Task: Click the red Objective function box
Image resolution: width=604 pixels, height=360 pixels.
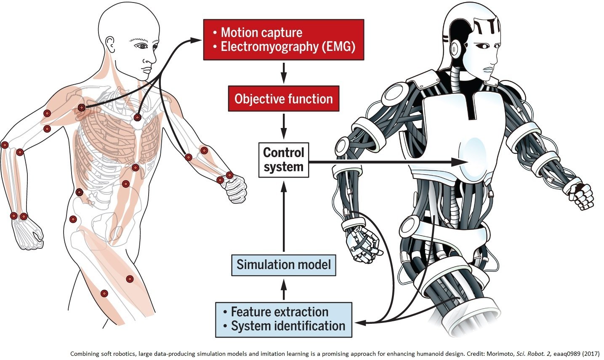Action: (283, 99)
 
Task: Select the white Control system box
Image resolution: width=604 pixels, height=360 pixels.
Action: (283, 160)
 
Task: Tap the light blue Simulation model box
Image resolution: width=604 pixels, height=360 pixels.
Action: (283, 265)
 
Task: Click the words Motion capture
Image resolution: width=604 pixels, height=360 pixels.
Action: (261, 32)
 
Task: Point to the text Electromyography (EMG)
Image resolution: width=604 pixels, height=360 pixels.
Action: (288, 46)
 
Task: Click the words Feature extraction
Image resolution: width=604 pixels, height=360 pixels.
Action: (279, 312)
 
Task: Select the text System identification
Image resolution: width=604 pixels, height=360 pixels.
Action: (288, 326)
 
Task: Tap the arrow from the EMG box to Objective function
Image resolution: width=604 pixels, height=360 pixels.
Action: (284, 72)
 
